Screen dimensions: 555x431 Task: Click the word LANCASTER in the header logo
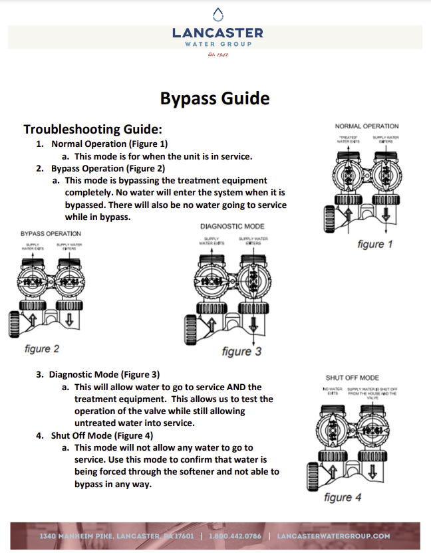click(217, 33)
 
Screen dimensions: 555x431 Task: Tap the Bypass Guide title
click(215, 98)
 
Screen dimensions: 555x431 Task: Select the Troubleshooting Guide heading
click(92, 129)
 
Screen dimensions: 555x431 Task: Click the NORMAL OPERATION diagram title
click(366, 126)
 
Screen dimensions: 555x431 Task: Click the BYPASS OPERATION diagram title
click(51, 233)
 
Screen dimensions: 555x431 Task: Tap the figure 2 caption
click(42, 348)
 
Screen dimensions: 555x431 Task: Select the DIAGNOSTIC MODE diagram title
click(232, 227)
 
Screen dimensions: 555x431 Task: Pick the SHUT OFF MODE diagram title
click(352, 378)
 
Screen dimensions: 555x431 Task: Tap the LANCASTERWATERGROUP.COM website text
click(333, 536)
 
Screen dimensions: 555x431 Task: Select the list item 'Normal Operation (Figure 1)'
click(109, 144)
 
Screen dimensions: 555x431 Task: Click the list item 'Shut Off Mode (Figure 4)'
click(102, 436)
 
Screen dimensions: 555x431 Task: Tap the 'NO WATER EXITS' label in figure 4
click(331, 391)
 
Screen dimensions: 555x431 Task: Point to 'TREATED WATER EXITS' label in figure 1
click(348, 139)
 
